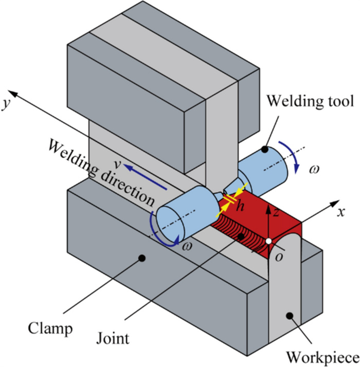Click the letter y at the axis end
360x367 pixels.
point(7,99)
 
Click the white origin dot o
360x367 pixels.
point(268,241)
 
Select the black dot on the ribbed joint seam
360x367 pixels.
point(241,236)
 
